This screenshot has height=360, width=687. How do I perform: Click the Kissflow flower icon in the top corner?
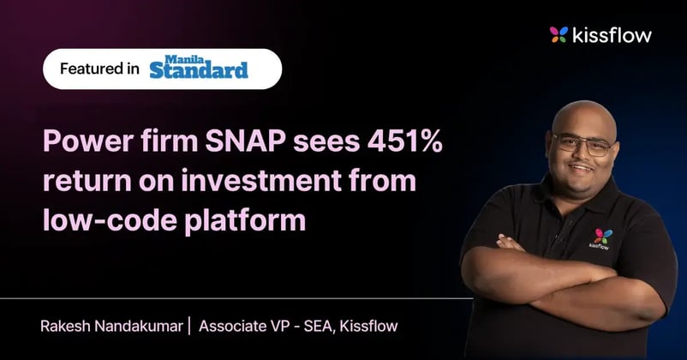559,35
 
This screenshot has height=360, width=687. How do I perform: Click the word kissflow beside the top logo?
612,35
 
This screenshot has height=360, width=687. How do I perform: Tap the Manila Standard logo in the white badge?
199,69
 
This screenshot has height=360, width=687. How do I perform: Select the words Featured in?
99,69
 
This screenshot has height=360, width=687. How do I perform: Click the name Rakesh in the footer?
65,327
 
